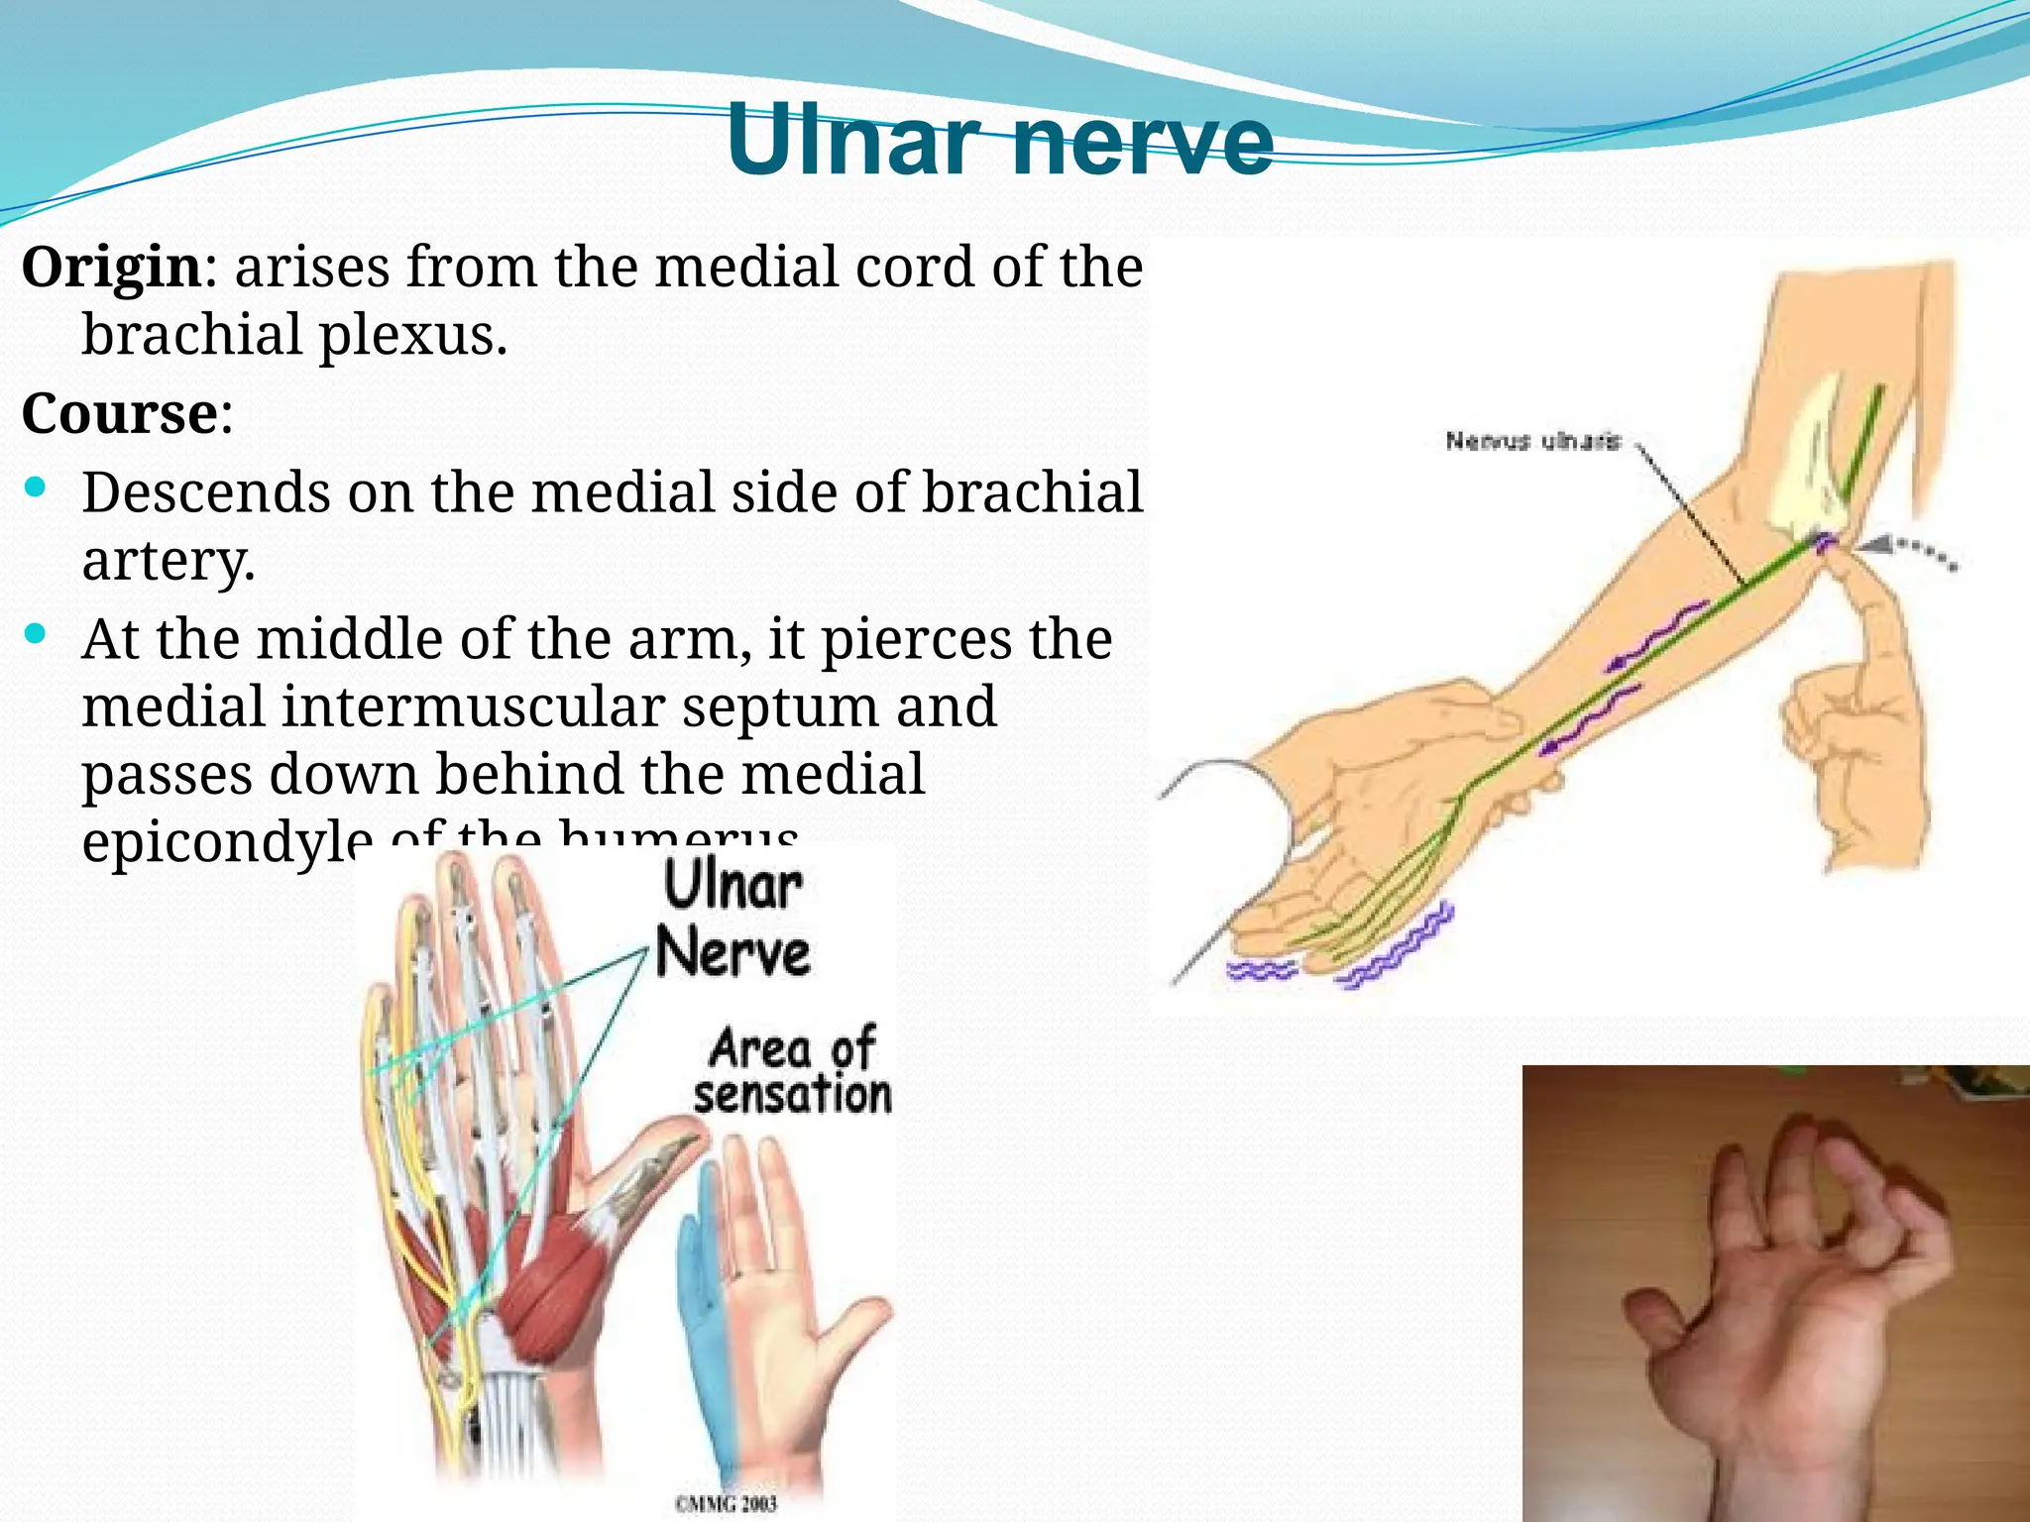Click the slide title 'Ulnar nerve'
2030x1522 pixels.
tap(999, 141)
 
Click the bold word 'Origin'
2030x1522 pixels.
tap(111, 268)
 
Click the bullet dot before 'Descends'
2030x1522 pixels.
tap(36, 488)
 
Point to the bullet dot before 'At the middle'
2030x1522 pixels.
tap(36, 634)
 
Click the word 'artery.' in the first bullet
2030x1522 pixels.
tap(169, 561)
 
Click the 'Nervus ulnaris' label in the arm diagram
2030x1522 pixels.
tap(1532, 441)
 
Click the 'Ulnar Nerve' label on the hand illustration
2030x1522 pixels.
tap(733, 920)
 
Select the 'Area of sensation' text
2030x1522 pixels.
tap(791, 1071)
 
